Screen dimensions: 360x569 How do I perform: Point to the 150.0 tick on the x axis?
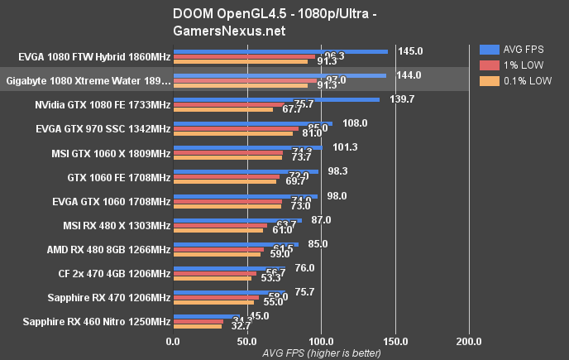tap(395, 340)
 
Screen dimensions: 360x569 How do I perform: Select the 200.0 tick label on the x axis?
tap(470, 340)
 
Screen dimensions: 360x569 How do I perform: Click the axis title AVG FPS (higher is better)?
tap(321, 353)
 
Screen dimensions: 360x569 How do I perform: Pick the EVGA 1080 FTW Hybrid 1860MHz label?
tap(93, 57)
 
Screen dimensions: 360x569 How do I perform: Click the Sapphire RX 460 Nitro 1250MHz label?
tap(96, 321)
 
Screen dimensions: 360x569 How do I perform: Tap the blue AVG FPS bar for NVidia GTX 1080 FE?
tap(276, 99)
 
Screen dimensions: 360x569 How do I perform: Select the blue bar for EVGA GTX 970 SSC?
tap(252, 123)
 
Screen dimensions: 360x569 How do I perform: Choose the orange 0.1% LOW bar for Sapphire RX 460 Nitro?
tap(197, 327)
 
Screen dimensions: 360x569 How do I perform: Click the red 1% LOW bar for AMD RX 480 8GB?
tap(218, 249)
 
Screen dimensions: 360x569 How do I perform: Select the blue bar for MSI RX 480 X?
tap(237, 219)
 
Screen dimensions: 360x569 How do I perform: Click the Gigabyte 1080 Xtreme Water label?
tap(88, 81)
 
